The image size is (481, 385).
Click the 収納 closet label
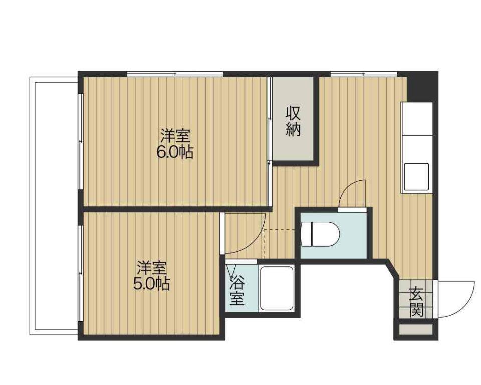[293, 121]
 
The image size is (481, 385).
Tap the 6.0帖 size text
[175, 152]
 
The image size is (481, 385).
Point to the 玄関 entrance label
[416, 302]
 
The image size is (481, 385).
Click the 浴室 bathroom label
[237, 290]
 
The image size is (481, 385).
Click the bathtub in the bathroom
[277, 289]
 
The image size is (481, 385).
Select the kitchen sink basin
[416, 177]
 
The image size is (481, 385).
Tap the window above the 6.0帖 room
[175, 74]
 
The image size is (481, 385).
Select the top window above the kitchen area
[364, 74]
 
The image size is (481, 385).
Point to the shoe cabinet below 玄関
[416, 329]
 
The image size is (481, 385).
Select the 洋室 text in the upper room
[175, 136]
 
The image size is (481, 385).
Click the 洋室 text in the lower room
[151, 268]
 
